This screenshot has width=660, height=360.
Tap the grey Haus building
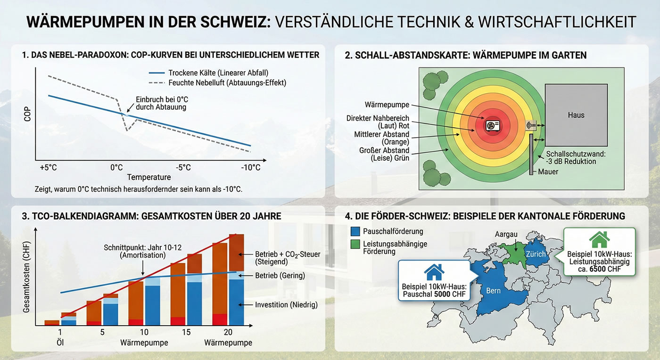click(x=576, y=115)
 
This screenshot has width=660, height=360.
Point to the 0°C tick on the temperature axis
click(x=116, y=167)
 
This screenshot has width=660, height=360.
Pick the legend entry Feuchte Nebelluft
click(x=227, y=82)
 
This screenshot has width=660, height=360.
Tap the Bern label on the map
click(x=493, y=291)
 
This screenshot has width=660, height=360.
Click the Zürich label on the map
click(x=536, y=254)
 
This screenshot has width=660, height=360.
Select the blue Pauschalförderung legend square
click(x=355, y=231)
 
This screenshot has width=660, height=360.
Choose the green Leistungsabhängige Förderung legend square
click(x=355, y=243)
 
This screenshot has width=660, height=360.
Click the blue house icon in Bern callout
click(x=434, y=271)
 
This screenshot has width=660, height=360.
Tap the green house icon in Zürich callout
click(x=599, y=239)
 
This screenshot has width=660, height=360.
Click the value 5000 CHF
click(x=447, y=295)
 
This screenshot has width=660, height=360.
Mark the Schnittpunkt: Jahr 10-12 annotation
click(x=135, y=251)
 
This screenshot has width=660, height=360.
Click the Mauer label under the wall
click(x=548, y=172)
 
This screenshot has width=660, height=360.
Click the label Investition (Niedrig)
click(x=286, y=305)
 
